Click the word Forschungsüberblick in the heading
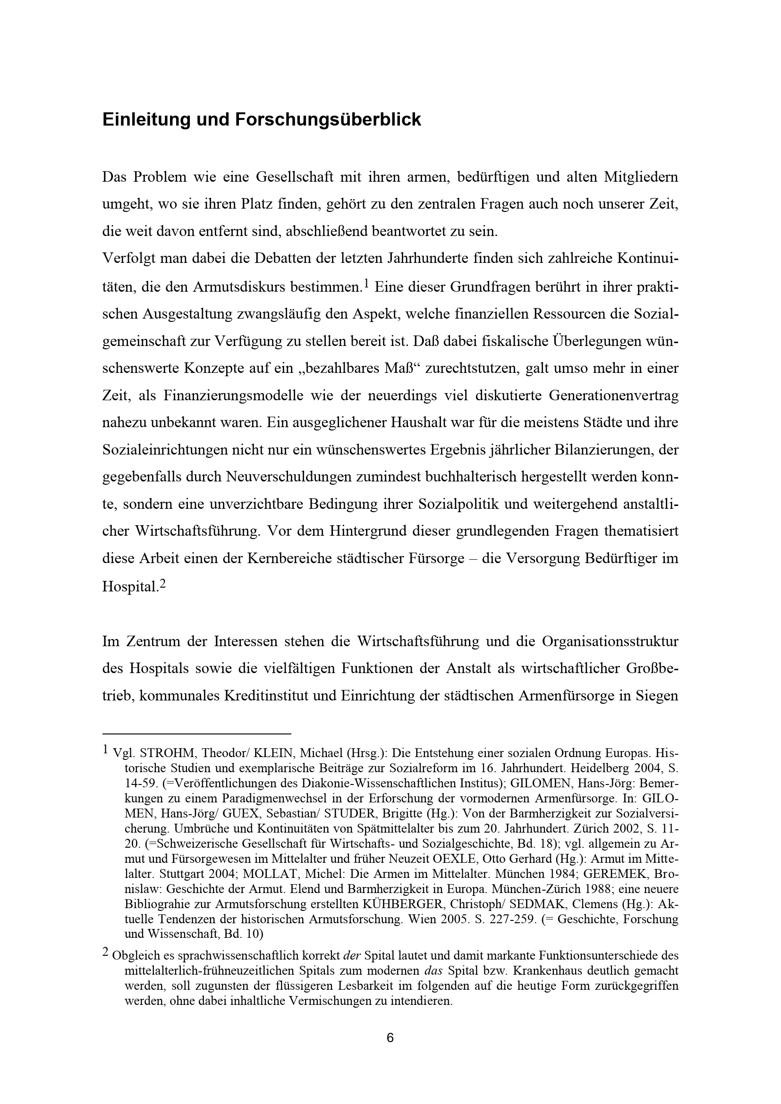pyautogui.click(x=328, y=120)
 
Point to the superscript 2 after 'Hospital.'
pyautogui.click(x=162, y=584)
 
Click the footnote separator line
pyautogui.click(x=197, y=734)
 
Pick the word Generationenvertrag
pyautogui.click(x=613, y=396)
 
